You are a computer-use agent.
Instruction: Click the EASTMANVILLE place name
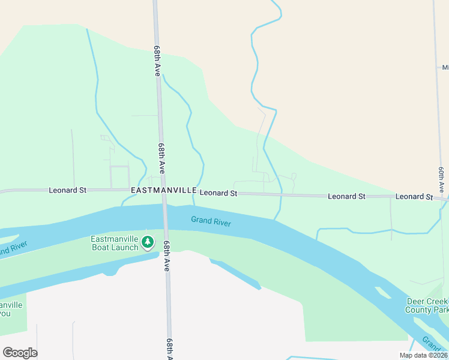(163, 190)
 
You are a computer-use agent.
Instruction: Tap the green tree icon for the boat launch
(148, 243)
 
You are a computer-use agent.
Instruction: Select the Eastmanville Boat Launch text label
(115, 243)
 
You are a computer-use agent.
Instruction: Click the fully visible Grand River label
(211, 221)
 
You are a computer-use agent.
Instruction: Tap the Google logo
(20, 353)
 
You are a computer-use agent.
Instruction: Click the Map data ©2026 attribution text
(423, 355)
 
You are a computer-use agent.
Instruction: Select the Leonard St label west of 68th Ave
(67, 190)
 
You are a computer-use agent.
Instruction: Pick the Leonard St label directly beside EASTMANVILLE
(218, 193)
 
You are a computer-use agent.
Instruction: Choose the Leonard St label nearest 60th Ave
(414, 197)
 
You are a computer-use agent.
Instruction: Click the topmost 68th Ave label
(157, 60)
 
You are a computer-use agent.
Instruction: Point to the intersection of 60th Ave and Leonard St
(444, 198)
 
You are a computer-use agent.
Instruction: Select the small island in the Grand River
(382, 293)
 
